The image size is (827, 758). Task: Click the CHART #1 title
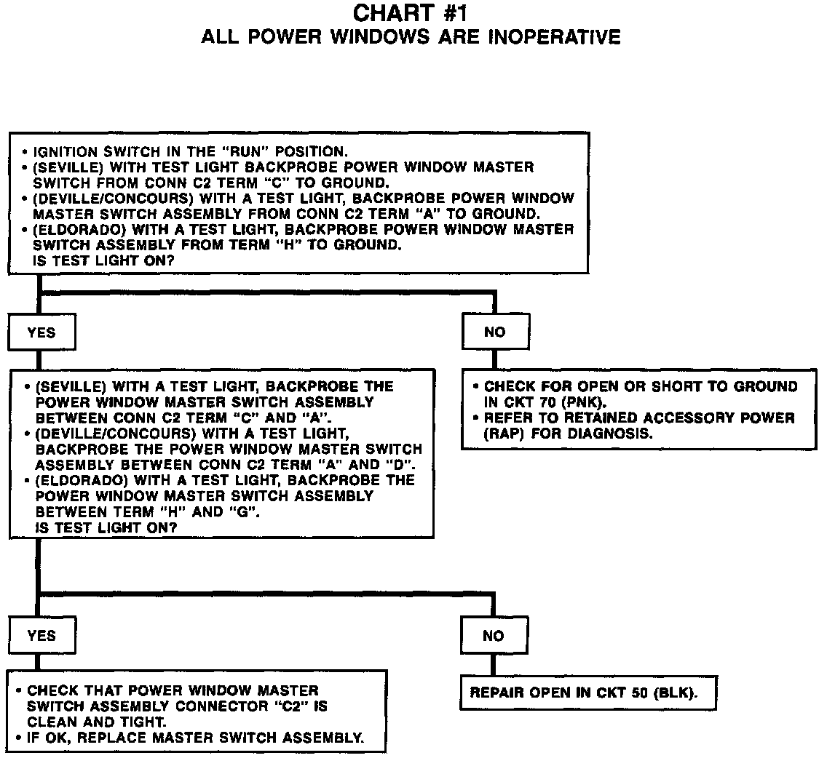pyautogui.click(x=410, y=14)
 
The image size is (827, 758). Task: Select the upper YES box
pyautogui.click(x=41, y=332)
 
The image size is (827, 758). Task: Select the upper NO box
pyautogui.click(x=495, y=332)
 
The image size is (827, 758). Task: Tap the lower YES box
pyautogui.click(x=41, y=636)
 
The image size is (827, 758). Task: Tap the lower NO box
pyautogui.click(x=493, y=636)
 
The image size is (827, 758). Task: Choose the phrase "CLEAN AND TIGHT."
pyautogui.click(x=96, y=722)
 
